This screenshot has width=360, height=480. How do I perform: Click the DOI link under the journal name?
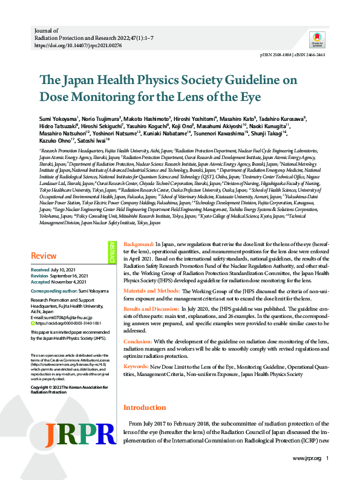pyautogui.click(x=78, y=45)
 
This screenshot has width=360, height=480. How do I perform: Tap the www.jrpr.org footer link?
pyautogui.click(x=306, y=459)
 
